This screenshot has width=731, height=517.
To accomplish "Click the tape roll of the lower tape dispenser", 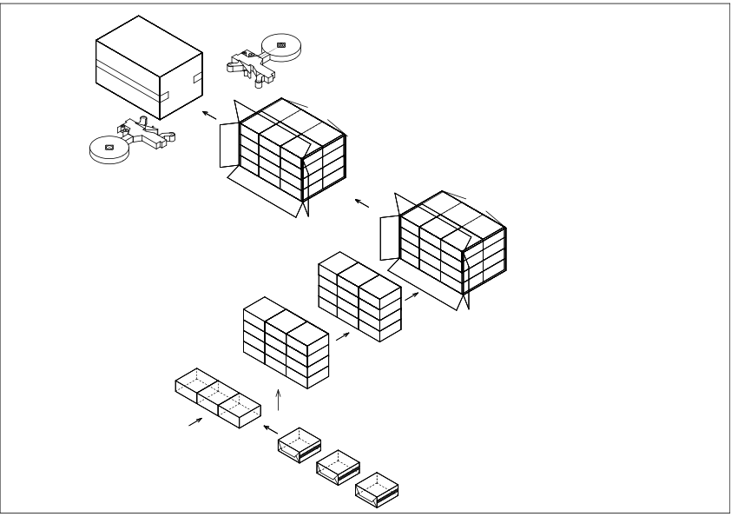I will click(x=109, y=149).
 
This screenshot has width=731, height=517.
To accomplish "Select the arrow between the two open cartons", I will click(x=361, y=203).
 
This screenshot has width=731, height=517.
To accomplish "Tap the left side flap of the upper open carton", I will click(x=228, y=144).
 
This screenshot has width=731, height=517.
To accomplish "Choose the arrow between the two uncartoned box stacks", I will click(x=342, y=335).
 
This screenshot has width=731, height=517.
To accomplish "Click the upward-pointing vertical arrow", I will click(x=278, y=401).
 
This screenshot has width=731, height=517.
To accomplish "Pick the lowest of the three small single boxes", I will click(x=377, y=488).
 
